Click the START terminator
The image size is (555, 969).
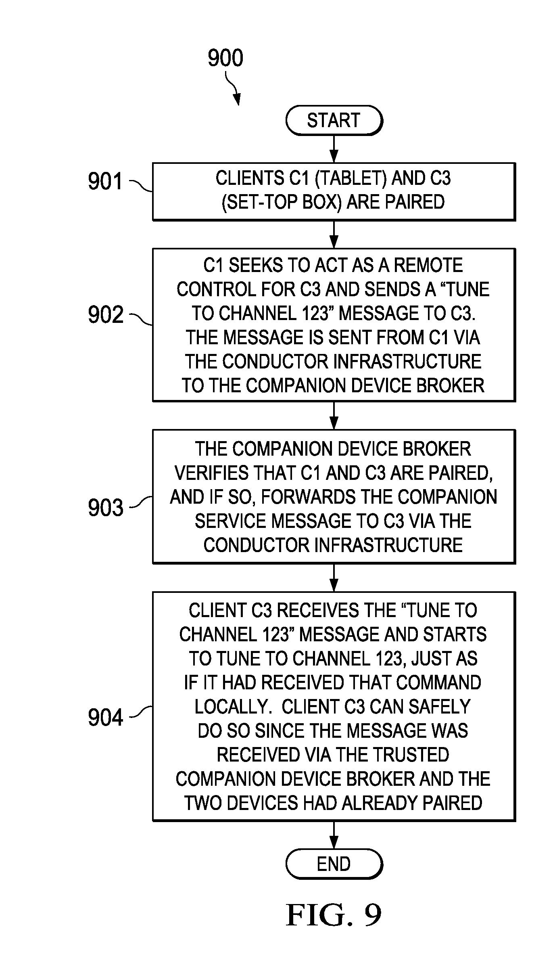334,120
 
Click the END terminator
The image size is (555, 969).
334,864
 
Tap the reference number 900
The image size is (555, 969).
225,58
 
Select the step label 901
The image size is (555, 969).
105,181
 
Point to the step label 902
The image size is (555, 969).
105,315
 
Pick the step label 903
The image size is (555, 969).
105,507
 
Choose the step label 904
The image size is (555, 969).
105,717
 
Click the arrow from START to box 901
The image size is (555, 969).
334,149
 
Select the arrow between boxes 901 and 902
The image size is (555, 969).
334,234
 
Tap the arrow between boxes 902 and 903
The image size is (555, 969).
334,415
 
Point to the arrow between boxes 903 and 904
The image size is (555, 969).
334,578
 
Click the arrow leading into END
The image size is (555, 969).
334,835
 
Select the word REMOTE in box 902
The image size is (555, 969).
428,265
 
